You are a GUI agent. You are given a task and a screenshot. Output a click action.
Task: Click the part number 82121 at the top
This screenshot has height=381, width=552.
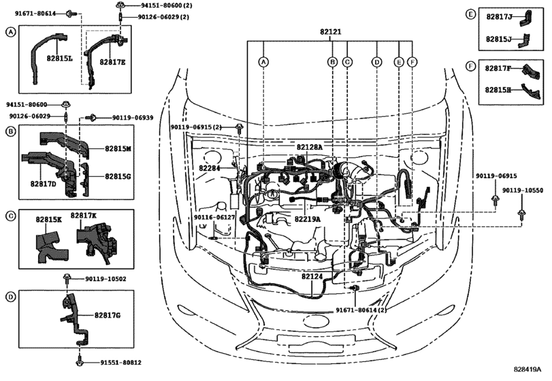[331, 32]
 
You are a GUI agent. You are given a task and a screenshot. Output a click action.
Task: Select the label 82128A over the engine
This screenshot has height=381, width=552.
[309, 147]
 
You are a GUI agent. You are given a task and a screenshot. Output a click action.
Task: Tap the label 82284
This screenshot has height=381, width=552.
[210, 167]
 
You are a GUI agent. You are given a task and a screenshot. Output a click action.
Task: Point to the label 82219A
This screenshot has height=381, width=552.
[308, 219]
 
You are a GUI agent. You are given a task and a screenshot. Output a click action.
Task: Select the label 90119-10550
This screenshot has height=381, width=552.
[523, 190]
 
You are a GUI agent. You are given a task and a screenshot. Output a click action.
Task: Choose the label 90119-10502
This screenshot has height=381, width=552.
[105, 279]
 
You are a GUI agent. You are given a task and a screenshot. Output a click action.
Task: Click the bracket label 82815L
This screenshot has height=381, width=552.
[59, 59]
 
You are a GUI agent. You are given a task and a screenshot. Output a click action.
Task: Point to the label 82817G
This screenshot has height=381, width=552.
[108, 315]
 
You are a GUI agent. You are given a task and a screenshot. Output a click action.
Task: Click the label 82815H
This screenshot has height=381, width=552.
[499, 89]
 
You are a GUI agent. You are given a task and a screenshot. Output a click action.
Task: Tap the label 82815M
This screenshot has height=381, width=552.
[118, 148]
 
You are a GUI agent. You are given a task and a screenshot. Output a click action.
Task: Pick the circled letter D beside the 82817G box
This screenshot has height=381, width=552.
[10, 297]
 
